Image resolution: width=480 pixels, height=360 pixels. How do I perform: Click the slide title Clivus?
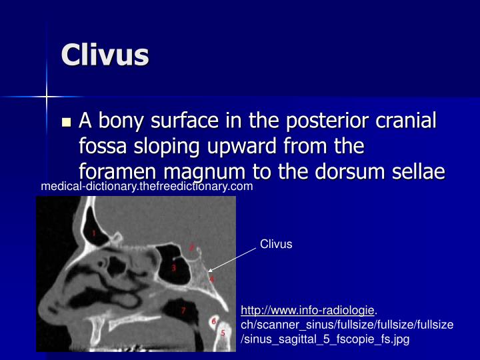coord(105,55)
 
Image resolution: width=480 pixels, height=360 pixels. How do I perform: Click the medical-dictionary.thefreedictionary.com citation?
coord(147,187)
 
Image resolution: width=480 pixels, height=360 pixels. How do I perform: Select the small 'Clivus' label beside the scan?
coord(276,244)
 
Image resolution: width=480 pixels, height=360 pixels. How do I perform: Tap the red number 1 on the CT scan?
coord(94,233)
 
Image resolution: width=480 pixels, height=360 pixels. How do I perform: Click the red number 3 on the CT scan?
coord(173,268)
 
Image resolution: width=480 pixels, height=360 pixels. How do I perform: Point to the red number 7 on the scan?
coord(183,310)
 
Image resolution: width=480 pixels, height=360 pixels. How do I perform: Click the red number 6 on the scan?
coord(213,321)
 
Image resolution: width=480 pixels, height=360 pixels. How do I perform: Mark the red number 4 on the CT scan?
coord(212,279)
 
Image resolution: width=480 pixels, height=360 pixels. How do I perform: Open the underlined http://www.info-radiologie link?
coord(307,310)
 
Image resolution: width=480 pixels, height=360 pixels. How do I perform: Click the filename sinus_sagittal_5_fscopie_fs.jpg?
coord(325,339)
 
